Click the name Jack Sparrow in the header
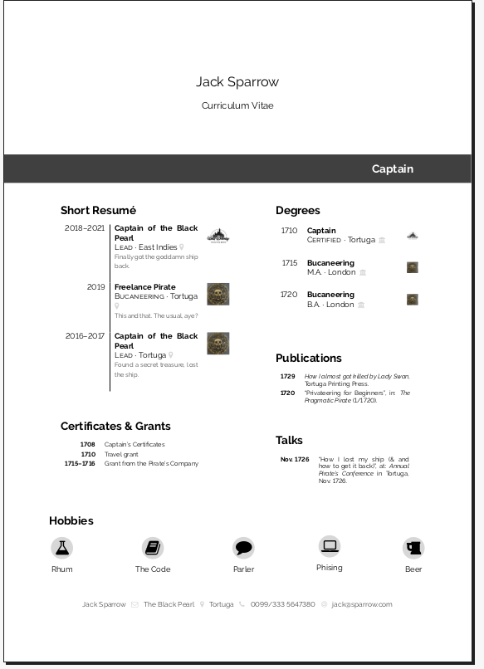(x=237, y=81)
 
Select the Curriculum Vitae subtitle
(x=237, y=105)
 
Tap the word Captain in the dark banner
(x=392, y=168)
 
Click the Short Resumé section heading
(x=98, y=211)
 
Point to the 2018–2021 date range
(x=85, y=227)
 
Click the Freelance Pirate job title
(x=145, y=287)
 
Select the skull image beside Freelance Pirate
(x=218, y=294)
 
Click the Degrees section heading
(x=297, y=211)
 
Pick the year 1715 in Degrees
(x=289, y=263)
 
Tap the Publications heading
(x=308, y=358)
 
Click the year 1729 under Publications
(x=287, y=376)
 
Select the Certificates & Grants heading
(x=115, y=426)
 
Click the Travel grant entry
(x=120, y=454)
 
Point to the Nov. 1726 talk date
(x=295, y=459)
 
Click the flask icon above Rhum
(x=62, y=547)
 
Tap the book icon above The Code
(x=153, y=547)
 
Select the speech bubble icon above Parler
(x=243, y=547)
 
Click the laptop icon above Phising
(x=330, y=546)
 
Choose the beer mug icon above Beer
(x=413, y=547)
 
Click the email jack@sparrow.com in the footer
(x=362, y=604)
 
